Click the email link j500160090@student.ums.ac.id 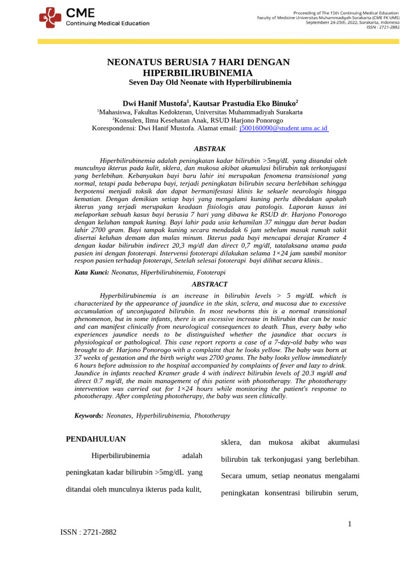(x=283, y=128)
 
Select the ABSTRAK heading (x=210, y=148)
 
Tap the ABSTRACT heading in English (x=210, y=284)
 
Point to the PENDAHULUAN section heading (x=96, y=439)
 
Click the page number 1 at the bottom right (x=350, y=524)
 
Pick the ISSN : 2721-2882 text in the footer (x=88, y=532)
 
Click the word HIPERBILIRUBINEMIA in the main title (x=197, y=73)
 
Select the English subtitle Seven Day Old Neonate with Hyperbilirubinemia (x=210, y=83)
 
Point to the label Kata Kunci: (x=91, y=272)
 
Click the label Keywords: (x=89, y=416)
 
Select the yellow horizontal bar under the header (x=218, y=42)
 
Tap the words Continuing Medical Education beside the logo (x=107, y=24)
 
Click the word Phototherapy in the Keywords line (x=212, y=416)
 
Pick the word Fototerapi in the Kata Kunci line (x=211, y=272)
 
